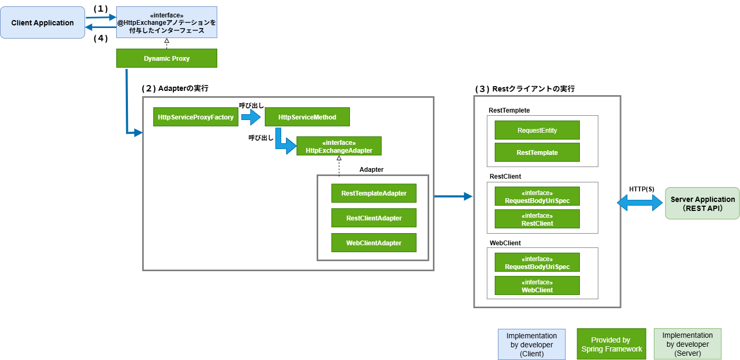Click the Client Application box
[x=42, y=23]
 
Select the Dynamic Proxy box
[x=166, y=58]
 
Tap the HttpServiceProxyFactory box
[x=196, y=117]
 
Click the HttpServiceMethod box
[x=307, y=117]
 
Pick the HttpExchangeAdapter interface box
[x=339, y=146]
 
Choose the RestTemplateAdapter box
[x=374, y=193]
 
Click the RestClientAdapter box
[x=374, y=218]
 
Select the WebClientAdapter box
[x=374, y=243]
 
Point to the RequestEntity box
[x=537, y=130]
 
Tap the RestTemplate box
[x=537, y=152]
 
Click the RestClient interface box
[x=537, y=219]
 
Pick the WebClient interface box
[x=537, y=286]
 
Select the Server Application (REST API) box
[x=702, y=204]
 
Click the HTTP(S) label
[x=642, y=189]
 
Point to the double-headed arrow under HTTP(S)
[x=641, y=203]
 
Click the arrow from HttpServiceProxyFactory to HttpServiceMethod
[x=251, y=117]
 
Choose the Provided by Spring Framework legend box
[x=611, y=344]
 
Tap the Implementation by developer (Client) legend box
[x=532, y=344]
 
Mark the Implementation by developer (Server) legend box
[x=687, y=344]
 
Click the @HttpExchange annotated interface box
[x=166, y=22]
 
